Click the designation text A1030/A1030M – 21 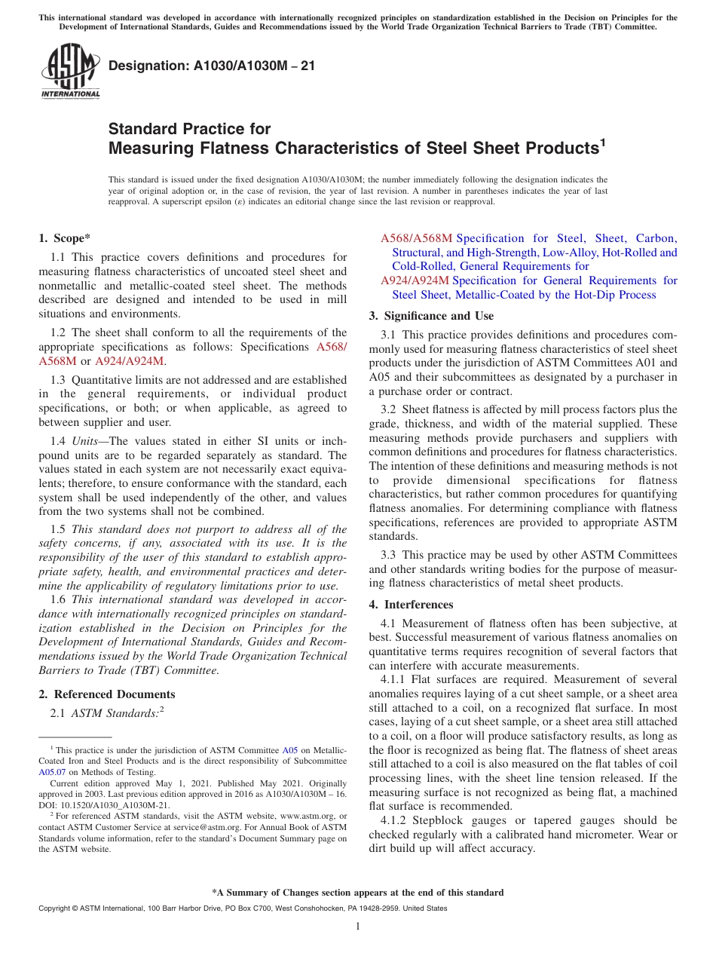point(212,66)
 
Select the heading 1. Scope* point(65,238)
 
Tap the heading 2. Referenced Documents point(106,694)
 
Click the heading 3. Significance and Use point(431,316)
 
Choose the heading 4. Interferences point(411,605)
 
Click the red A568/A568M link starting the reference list point(416,238)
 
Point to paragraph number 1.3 point(59,379)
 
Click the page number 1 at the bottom point(358,926)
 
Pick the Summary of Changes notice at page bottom point(358,893)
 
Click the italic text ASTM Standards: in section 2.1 point(115,713)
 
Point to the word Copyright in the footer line point(54,908)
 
